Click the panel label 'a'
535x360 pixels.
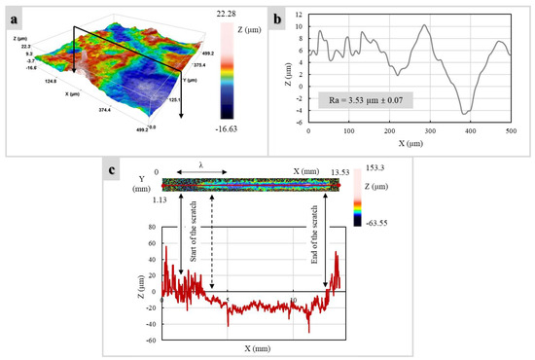pos(16,18)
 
